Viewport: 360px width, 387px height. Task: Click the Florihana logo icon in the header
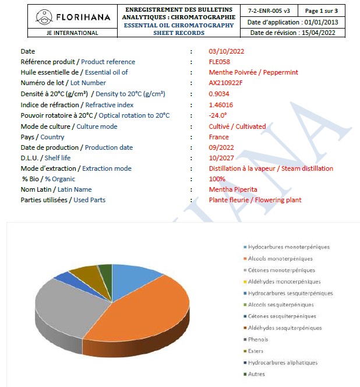(x=43, y=16)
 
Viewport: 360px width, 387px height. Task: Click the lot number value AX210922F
(x=226, y=83)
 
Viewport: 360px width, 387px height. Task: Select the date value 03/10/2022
(x=227, y=51)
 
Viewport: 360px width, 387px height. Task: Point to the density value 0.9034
(x=219, y=94)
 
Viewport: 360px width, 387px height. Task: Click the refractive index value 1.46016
(x=221, y=104)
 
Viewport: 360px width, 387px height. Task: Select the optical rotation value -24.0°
(x=218, y=115)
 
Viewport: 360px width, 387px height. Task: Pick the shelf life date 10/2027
(x=221, y=158)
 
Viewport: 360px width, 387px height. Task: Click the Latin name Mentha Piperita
(x=233, y=189)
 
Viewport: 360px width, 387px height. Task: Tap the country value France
(x=219, y=136)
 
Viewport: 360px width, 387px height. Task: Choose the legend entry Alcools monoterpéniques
(x=280, y=259)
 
